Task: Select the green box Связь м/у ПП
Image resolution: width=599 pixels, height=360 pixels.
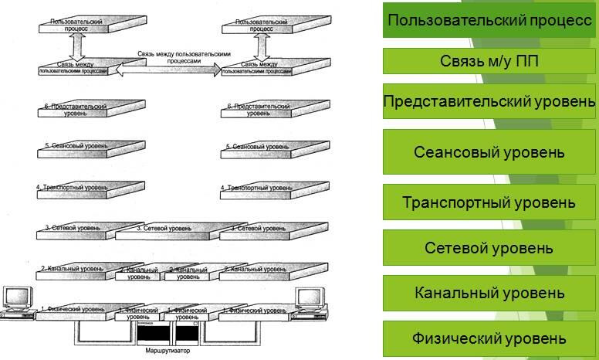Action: coord(489,61)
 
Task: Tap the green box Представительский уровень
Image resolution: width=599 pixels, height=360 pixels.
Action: coord(489,101)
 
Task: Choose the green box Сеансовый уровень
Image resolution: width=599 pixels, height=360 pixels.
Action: coord(489,151)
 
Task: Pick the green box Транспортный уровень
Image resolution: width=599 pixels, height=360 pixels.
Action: coord(489,202)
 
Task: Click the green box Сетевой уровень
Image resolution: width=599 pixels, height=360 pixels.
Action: coord(489,248)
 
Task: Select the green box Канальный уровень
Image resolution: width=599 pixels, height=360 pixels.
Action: coord(489,293)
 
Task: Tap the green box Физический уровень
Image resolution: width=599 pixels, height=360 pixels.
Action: coord(489,338)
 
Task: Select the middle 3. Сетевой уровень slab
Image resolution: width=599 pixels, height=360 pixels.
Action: coord(163,229)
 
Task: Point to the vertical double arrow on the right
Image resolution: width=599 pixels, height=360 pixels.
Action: coord(261,45)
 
